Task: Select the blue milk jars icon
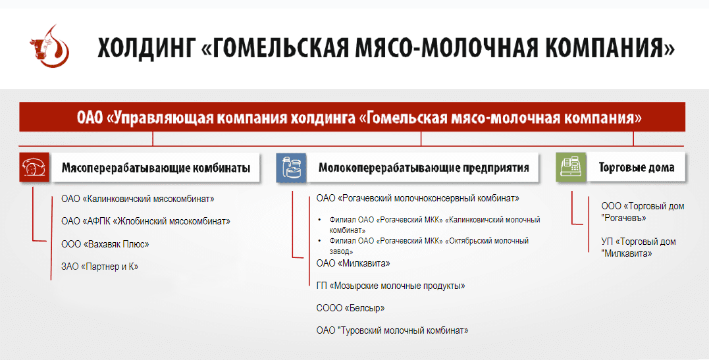(290, 168)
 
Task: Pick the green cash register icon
(569, 168)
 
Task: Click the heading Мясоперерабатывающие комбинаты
(155, 168)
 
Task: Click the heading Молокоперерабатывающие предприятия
(424, 168)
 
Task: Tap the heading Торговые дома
(636, 168)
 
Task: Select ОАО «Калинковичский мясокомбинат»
(138, 198)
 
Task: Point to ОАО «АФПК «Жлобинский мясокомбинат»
(145, 221)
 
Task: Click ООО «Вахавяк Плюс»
(105, 244)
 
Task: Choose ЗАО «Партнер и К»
(100, 267)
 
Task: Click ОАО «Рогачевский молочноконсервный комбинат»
(417, 198)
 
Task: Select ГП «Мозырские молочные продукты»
(390, 286)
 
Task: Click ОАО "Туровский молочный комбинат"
(392, 330)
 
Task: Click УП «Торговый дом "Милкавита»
(638, 247)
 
